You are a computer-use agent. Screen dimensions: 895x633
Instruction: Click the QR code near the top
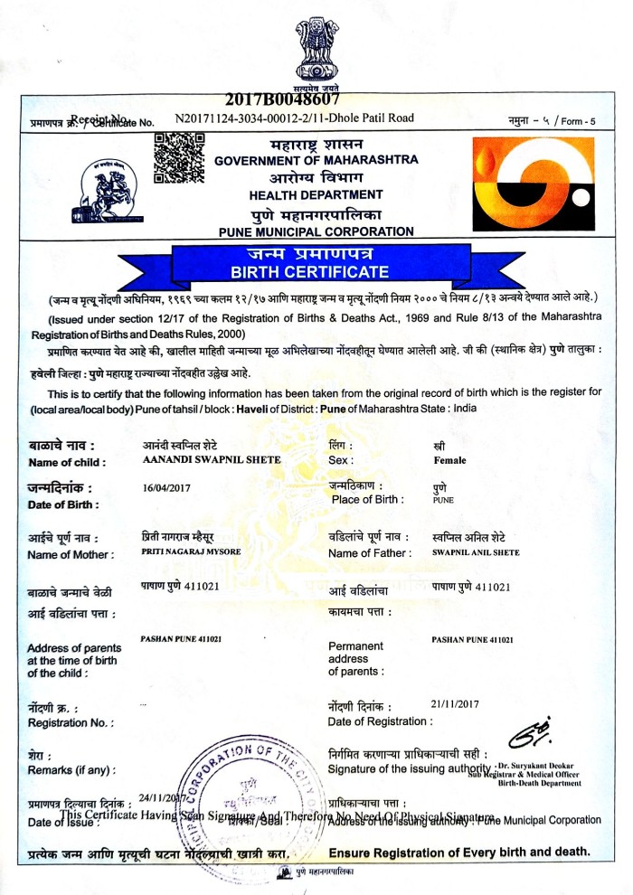177,157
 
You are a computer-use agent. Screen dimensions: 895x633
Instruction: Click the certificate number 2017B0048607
281,101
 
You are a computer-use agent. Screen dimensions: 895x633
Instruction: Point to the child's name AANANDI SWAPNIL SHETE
212,459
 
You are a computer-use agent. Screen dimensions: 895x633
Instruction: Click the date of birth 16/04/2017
164,488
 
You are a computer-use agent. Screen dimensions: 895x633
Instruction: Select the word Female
449,460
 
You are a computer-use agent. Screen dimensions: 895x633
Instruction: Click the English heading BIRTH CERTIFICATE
310,271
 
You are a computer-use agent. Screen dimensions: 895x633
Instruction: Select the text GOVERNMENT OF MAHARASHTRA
316,160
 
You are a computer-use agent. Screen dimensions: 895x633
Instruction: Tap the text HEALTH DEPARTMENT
316,194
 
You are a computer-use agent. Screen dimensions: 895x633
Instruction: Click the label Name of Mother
71,554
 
